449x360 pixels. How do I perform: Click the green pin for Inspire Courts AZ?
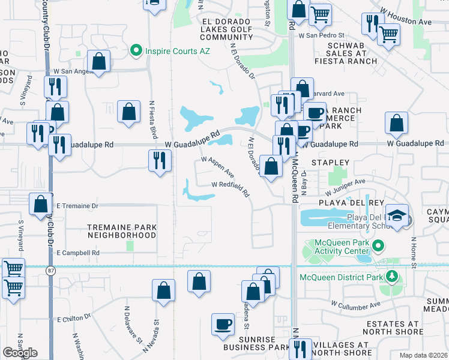click(x=137, y=50)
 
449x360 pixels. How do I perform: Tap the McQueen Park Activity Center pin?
click(x=378, y=245)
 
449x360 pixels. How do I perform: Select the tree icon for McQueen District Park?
click(x=392, y=276)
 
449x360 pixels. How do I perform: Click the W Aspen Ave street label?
click(x=217, y=167)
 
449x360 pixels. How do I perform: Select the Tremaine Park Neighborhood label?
click(x=122, y=231)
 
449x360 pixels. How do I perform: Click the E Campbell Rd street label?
click(x=77, y=253)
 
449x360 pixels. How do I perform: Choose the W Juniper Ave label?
click(x=345, y=187)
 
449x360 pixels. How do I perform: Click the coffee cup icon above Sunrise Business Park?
click(x=223, y=323)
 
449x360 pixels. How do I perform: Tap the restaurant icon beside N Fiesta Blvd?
click(x=160, y=160)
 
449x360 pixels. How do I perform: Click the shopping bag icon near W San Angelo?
click(x=98, y=61)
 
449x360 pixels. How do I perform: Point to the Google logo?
click(x=20, y=353)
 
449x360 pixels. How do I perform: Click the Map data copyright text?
click(x=424, y=355)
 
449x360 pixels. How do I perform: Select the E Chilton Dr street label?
click(x=73, y=318)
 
